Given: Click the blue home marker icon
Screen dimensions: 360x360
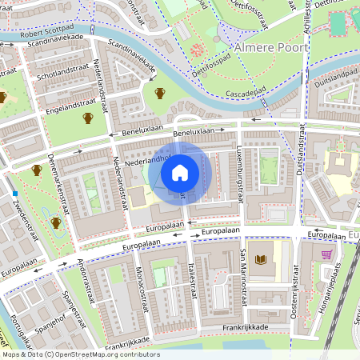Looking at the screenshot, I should (180, 172).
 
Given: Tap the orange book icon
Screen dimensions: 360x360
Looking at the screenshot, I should (260, 259).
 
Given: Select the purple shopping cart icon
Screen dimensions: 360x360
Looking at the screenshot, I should (326, 255).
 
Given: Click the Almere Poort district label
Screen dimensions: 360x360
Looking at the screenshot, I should (270, 48).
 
